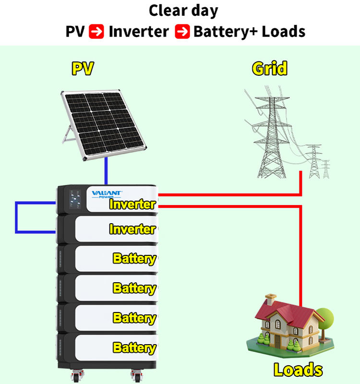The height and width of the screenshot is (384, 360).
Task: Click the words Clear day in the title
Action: point(183,11)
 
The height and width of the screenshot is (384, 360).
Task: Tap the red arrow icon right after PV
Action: point(96,31)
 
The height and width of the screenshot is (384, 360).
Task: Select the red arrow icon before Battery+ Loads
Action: point(182,31)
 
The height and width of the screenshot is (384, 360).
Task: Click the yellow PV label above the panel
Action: point(83,69)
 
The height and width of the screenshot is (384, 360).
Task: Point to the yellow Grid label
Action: point(270,68)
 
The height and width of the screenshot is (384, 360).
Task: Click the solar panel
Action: point(103,124)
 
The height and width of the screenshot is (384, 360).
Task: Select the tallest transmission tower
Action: point(272,137)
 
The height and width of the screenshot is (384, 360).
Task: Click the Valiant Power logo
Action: point(107,194)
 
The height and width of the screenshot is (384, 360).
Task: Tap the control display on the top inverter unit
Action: point(75,199)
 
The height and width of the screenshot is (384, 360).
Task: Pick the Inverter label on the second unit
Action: point(132,229)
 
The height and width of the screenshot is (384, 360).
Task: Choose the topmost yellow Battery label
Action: point(134,259)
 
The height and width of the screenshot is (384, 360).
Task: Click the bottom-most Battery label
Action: point(134,348)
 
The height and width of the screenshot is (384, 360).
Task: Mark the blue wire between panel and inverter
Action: point(106,171)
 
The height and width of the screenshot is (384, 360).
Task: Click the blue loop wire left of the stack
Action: point(16,217)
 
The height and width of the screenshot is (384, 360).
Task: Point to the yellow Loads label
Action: point(298,370)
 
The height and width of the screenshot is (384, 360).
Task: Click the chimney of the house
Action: point(271,299)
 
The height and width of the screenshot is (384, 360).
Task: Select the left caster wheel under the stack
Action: point(76,376)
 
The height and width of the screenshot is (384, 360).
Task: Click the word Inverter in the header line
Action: point(139,32)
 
